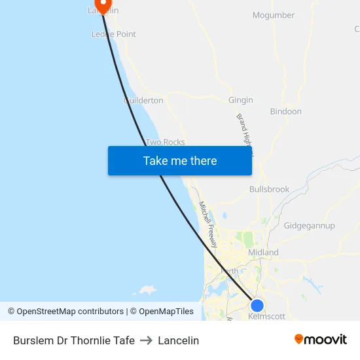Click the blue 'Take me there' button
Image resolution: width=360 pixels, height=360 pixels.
[x=180, y=160]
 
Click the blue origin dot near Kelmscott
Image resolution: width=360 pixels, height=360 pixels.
[x=257, y=305]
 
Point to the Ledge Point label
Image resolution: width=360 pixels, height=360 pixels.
[x=113, y=34]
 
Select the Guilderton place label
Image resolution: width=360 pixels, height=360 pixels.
[x=143, y=100]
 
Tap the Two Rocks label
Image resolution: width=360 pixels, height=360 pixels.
[x=165, y=142]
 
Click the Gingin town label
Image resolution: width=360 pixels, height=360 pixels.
[x=241, y=100]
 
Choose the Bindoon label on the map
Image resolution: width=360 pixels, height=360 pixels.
[x=286, y=111]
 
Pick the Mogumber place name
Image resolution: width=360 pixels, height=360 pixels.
[x=274, y=15]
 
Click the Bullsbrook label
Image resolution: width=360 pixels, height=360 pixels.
[x=269, y=189]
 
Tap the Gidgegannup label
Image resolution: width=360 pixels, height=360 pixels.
[x=310, y=226]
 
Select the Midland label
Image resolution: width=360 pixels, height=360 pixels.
[x=263, y=253]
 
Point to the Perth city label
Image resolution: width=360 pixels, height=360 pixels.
[x=230, y=270]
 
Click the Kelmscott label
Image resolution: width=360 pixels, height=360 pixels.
[x=267, y=316]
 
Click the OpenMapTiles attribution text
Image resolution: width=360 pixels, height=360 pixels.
[x=161, y=312]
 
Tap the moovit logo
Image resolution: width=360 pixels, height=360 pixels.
[x=321, y=340]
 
